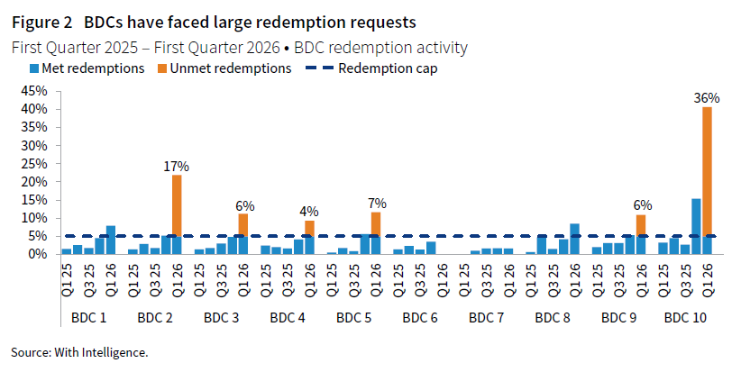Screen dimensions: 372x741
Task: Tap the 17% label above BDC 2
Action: (x=177, y=166)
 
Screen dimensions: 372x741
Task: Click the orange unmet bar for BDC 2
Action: (x=177, y=205)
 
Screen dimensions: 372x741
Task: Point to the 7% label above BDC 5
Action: (x=376, y=203)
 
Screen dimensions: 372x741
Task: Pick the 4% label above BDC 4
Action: (x=309, y=212)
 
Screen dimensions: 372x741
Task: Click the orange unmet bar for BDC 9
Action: (x=641, y=225)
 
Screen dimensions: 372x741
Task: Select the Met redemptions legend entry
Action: (x=87, y=68)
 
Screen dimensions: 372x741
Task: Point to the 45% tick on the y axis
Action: (x=32, y=91)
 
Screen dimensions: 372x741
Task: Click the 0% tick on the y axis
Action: (x=36, y=254)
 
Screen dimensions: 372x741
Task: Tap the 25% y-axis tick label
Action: (x=32, y=163)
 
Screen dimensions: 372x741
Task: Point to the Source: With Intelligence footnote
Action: (x=79, y=351)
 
